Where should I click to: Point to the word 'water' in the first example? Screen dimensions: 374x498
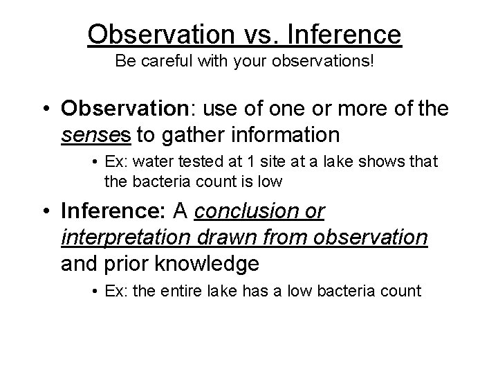click(x=146, y=162)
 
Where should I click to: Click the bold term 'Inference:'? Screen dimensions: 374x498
click(x=109, y=211)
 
